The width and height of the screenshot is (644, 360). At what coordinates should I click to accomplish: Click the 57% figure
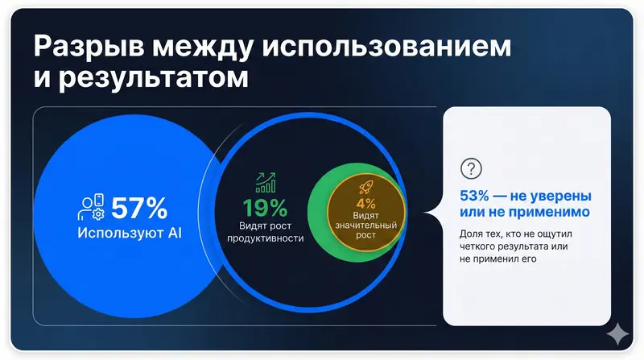point(139,209)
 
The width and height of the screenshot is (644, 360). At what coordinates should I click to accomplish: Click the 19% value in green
point(265,208)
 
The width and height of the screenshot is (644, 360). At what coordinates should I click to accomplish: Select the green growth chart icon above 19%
point(266,182)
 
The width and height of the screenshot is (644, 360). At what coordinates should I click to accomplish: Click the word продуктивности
point(265,240)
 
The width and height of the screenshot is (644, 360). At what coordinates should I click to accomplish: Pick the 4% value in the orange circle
point(366,205)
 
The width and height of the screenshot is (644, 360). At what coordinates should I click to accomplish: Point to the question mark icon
point(469,168)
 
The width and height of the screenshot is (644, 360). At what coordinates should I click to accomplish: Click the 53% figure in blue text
point(477,196)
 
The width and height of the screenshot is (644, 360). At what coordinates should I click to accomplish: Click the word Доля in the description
point(473,234)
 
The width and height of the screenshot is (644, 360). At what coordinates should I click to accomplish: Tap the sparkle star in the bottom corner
point(617,333)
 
